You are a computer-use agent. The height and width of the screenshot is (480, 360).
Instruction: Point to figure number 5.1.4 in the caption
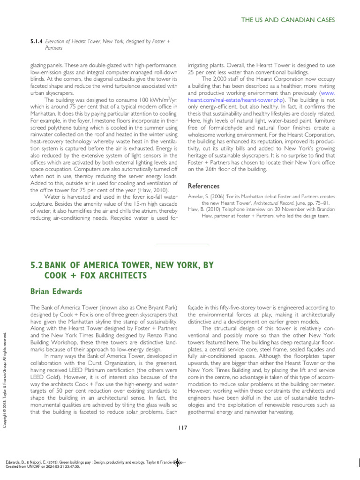coord(37,42)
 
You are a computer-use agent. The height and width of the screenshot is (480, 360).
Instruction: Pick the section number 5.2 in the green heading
coord(37,265)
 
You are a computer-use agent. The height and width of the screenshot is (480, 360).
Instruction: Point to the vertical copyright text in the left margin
coord(5,379)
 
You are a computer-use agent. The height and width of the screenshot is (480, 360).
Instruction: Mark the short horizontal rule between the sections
coord(182,244)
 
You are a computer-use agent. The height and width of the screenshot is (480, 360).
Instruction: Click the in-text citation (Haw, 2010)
coord(135,190)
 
